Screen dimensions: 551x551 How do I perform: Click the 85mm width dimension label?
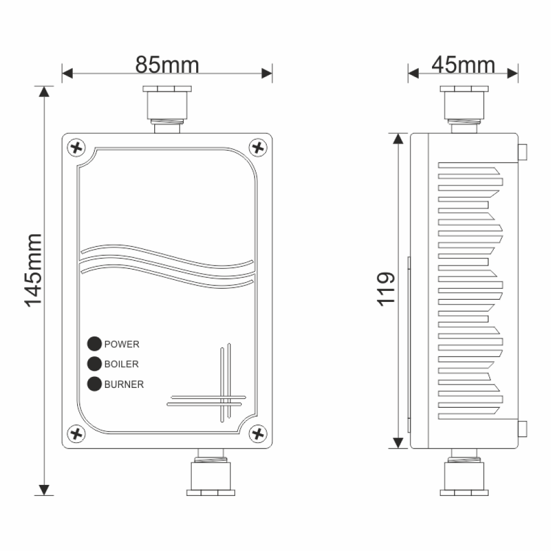click(167, 64)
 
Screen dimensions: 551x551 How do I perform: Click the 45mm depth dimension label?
click(463, 64)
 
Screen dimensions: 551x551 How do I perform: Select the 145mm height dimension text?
click(33, 270)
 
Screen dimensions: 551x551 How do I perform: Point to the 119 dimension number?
click(386, 288)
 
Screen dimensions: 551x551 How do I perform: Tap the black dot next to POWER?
click(95, 344)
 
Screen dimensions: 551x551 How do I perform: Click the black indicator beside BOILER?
click(95, 364)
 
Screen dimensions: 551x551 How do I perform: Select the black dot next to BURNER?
click(95, 384)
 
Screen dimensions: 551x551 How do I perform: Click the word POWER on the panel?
click(122, 344)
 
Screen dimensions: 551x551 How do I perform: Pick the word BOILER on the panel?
click(121, 364)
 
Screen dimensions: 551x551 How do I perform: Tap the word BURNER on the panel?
click(124, 385)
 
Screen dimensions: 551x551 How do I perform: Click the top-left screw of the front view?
click(77, 147)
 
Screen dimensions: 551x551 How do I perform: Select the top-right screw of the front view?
click(257, 147)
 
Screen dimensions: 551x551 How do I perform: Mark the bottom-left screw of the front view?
click(77, 433)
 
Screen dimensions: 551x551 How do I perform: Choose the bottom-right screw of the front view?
click(257, 433)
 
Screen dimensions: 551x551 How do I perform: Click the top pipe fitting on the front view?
click(167, 107)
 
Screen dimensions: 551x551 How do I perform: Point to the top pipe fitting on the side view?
click(464, 107)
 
